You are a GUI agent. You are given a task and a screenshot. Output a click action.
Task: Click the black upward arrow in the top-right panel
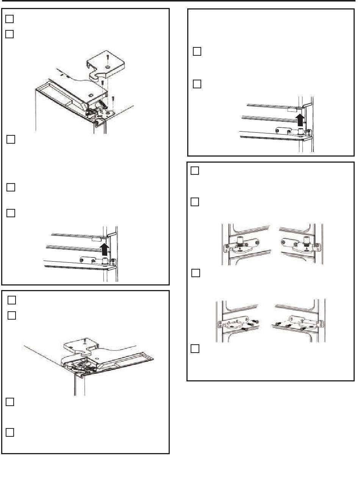coord(300,119)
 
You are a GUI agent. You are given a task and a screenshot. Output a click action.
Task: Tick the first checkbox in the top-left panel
coord(10,19)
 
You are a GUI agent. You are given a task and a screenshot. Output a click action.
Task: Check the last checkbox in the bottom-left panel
coord(10,432)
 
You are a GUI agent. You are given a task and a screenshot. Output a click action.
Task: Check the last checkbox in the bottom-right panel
coord(195,348)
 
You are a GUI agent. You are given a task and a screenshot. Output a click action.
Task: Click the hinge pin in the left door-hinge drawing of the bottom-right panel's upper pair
coord(240,243)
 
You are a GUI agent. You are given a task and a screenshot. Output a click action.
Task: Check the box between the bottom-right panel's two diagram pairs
coord(195,273)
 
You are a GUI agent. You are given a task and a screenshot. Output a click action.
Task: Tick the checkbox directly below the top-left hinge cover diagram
coord(11,140)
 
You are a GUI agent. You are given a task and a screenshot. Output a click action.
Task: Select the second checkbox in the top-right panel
coord(197,84)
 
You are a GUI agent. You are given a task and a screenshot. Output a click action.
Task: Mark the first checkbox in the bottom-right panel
coord(195,171)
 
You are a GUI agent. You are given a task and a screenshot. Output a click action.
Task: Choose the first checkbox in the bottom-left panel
coord(11,300)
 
